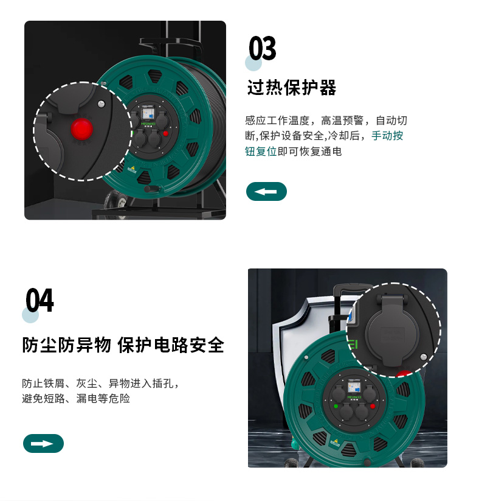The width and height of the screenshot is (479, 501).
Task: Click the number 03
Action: (x=263, y=48)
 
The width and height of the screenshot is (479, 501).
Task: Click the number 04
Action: (x=40, y=300)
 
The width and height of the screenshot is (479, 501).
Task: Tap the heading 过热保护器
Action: (x=292, y=88)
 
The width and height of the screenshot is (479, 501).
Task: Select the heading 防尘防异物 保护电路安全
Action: (x=123, y=345)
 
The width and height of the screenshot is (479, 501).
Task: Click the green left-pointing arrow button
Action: (x=266, y=191)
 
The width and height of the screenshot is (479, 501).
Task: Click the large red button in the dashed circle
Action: (x=81, y=129)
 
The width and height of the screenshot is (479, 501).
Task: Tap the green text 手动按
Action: (x=387, y=136)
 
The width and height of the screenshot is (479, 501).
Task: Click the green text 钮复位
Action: (x=261, y=152)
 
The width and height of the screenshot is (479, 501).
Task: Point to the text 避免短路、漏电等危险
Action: (x=76, y=399)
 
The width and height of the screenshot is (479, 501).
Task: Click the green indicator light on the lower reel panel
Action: (x=336, y=406)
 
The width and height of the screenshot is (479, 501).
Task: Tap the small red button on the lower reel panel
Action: (x=373, y=406)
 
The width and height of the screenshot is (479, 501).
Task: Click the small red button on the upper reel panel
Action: (x=165, y=133)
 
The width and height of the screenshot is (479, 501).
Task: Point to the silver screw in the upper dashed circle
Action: (x=101, y=103)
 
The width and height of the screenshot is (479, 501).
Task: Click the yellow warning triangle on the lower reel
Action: (x=335, y=441)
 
